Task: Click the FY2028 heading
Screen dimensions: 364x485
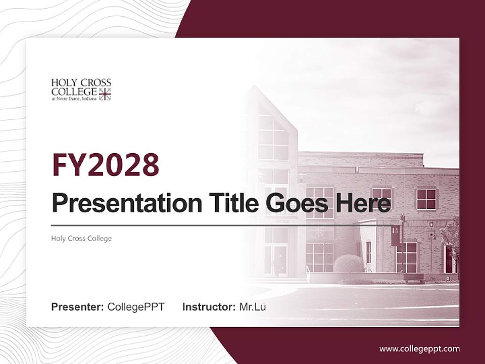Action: (x=106, y=165)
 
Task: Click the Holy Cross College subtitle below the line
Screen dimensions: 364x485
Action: (x=81, y=238)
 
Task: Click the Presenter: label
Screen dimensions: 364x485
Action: (x=78, y=307)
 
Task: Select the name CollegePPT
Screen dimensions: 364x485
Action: (x=136, y=307)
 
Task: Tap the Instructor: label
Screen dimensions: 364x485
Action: (x=209, y=307)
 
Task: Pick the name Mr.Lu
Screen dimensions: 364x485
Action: (x=253, y=307)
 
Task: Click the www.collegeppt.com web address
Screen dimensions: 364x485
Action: (x=419, y=348)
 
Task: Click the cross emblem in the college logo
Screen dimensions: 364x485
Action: (x=105, y=94)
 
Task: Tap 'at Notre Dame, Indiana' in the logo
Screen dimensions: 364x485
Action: (x=74, y=99)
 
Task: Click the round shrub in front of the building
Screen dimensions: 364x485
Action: (x=348, y=264)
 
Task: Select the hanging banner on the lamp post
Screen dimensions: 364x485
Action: (x=396, y=236)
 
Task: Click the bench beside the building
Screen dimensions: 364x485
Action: (x=413, y=278)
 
